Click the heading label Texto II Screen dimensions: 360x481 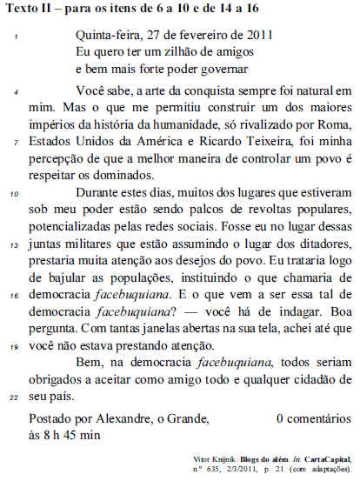pos(29,10)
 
